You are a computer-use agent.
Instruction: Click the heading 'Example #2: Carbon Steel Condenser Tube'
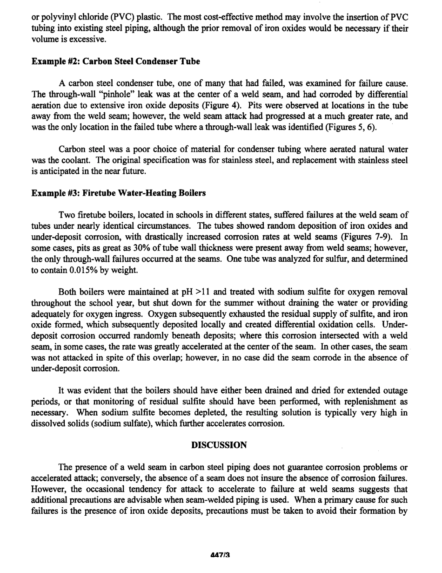116,61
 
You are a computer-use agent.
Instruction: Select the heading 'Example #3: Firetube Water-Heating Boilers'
119,193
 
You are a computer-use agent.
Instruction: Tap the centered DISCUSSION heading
219,445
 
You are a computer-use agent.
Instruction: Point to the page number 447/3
221,555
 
